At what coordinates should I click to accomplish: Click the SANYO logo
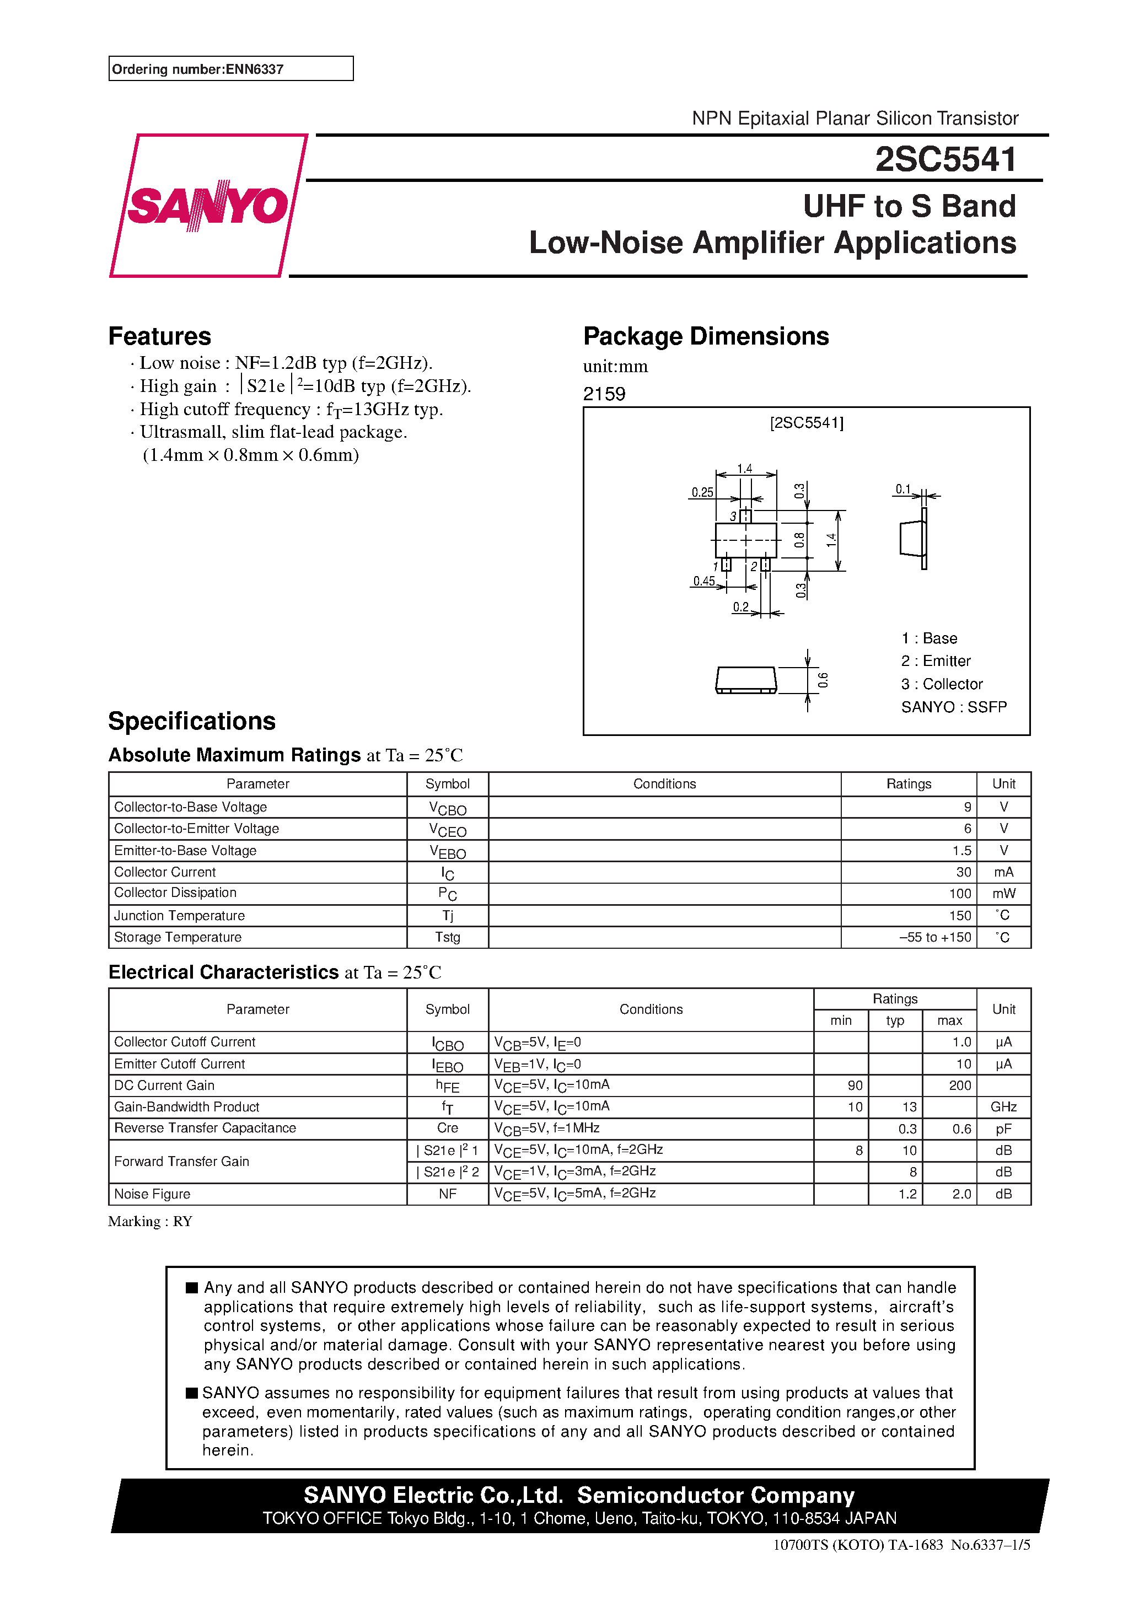[208, 206]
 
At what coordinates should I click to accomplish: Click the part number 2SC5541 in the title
[945, 159]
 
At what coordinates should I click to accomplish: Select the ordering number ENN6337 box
[230, 69]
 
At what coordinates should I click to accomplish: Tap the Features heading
[159, 336]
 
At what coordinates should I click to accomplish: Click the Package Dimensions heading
[706, 336]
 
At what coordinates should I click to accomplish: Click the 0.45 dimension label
[703, 581]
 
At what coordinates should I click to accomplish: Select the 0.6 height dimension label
[823, 680]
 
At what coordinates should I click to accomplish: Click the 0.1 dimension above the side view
[903, 488]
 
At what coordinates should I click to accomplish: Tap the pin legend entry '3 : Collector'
[942, 684]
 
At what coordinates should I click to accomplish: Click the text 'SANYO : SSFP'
[954, 707]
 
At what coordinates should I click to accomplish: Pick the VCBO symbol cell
[447, 808]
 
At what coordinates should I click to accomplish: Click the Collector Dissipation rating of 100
[959, 894]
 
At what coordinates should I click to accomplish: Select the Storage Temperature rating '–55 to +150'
[934, 937]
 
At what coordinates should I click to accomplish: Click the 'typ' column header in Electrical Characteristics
[895, 1020]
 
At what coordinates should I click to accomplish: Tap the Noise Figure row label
[152, 1194]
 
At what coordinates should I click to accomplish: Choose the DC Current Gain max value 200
[959, 1086]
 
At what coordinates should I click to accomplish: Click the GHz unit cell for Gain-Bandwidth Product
[1003, 1107]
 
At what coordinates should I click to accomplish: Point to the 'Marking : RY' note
[151, 1222]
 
